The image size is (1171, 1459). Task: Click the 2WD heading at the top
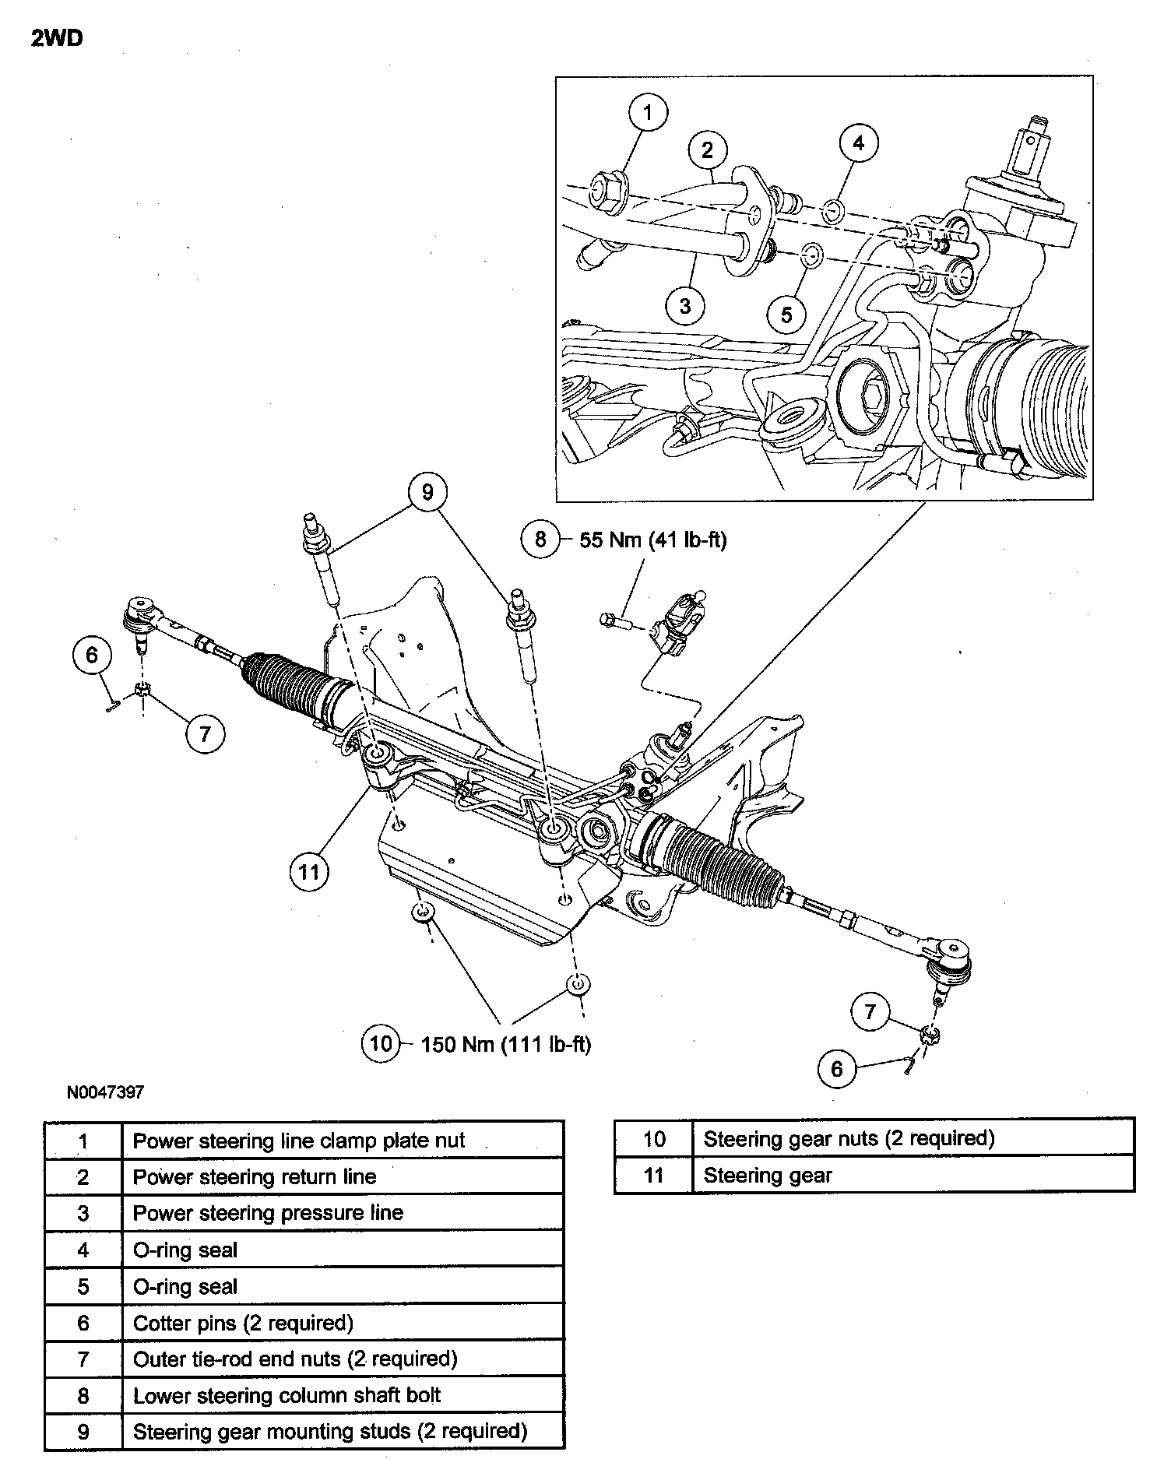click(x=57, y=39)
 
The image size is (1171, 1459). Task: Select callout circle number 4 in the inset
click(x=859, y=143)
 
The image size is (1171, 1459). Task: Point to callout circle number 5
click(x=786, y=315)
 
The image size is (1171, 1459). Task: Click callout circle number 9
click(x=427, y=492)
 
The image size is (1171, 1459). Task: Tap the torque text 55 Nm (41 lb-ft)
click(x=652, y=540)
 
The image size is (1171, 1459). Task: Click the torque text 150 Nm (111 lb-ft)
click(x=506, y=1044)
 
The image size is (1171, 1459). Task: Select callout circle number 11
click(x=309, y=871)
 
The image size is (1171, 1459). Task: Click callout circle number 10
click(x=381, y=1042)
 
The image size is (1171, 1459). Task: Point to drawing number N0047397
click(x=105, y=1092)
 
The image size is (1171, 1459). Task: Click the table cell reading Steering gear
click(x=913, y=1176)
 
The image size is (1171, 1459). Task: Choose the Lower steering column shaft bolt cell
click(x=343, y=1396)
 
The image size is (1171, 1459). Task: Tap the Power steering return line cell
click(x=343, y=1177)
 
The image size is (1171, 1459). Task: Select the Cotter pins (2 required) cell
click(x=343, y=1323)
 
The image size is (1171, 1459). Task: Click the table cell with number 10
click(x=653, y=1139)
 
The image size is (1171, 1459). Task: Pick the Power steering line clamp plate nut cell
click(x=343, y=1141)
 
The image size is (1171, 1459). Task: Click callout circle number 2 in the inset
click(x=707, y=149)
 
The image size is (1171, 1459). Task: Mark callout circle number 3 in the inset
click(x=685, y=305)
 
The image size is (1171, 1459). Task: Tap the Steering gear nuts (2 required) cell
click(x=913, y=1139)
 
